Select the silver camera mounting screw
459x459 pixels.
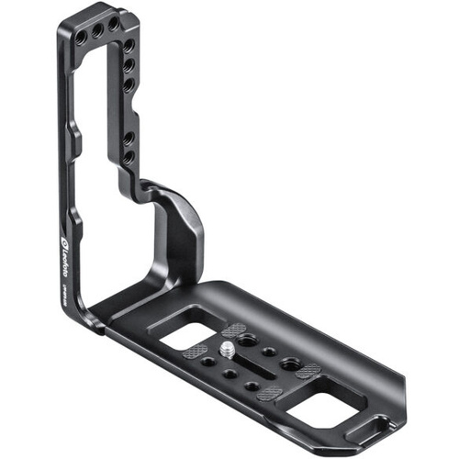225,346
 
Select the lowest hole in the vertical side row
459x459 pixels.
128,157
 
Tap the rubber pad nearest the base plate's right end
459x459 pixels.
308,370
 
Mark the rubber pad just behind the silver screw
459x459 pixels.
234,330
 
